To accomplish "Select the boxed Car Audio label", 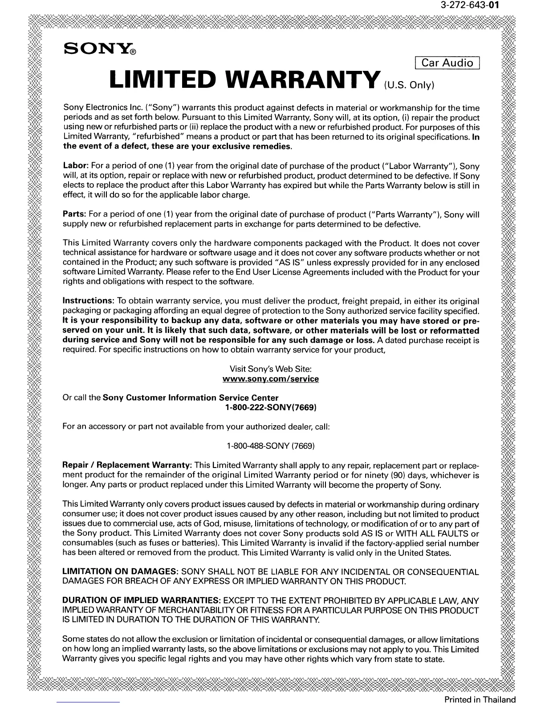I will (447, 63).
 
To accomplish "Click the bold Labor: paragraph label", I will (75, 166).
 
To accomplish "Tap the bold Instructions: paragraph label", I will (89, 301).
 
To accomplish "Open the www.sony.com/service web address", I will (270, 379).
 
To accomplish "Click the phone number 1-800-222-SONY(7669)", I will (271, 407).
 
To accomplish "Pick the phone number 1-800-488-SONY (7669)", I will (271, 446).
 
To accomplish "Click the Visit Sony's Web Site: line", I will (270, 369).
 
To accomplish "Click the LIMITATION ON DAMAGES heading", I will (120, 572).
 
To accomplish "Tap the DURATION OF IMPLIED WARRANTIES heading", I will (142, 601).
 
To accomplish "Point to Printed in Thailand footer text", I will (480, 699).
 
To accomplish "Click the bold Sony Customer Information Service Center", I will (191, 398).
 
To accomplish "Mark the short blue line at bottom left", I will (89, 702).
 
